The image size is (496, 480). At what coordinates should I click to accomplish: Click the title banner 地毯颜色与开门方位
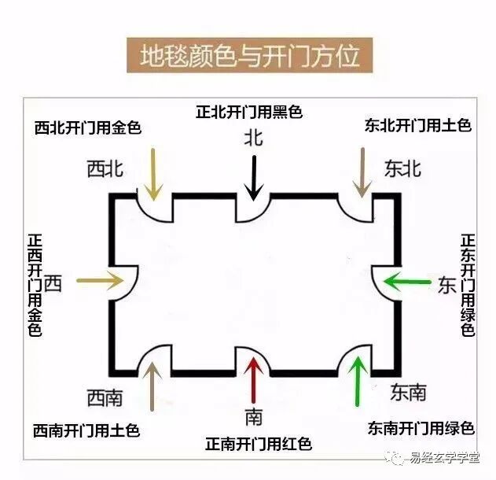(249, 56)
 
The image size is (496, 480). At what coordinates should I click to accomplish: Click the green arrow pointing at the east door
(407, 280)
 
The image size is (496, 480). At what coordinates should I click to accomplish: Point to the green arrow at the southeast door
(358, 382)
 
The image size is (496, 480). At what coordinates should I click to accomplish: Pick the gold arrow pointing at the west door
(97, 280)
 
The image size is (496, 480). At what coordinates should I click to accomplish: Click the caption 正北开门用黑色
(249, 112)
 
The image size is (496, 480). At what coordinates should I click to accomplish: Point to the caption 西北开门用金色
(88, 127)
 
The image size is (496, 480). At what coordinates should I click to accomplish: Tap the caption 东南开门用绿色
(421, 428)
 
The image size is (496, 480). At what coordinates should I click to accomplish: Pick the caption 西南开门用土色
(86, 430)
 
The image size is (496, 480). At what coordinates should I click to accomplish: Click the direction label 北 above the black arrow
(253, 138)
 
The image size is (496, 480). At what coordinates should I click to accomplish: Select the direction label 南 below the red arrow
(253, 416)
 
